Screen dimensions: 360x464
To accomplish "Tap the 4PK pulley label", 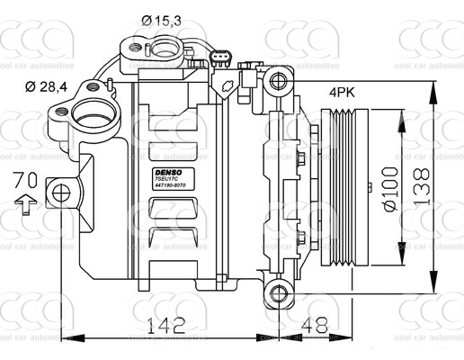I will (342, 92).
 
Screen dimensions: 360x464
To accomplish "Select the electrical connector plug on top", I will (218, 61).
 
